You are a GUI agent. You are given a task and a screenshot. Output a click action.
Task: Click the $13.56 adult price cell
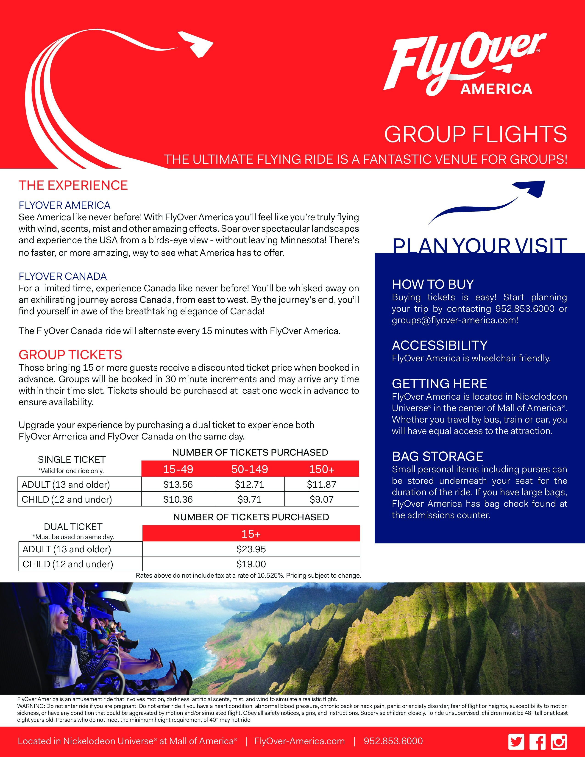click(178, 484)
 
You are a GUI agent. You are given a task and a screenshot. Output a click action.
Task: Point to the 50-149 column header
click(250, 469)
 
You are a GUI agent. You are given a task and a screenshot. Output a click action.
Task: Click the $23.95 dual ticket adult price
click(251, 549)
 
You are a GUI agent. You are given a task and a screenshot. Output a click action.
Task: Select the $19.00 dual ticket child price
click(251, 564)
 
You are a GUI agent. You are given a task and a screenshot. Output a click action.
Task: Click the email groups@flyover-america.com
click(455, 320)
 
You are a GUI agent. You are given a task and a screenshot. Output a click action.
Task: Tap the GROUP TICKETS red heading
click(70, 355)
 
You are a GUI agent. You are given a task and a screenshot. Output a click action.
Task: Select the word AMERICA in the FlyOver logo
click(496, 89)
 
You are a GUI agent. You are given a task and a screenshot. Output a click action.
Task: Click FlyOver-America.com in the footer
click(299, 741)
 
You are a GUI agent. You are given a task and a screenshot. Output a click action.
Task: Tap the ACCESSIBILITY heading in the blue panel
click(440, 345)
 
